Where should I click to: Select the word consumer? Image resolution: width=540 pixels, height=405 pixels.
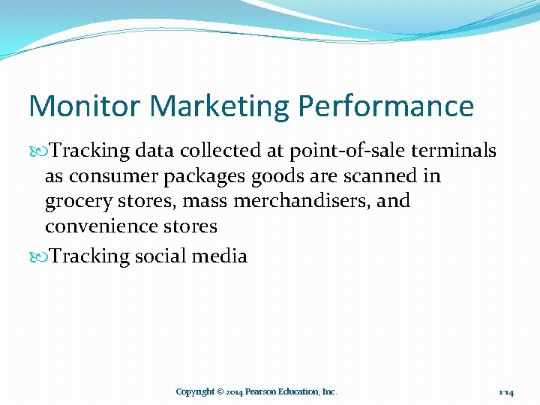click(x=103, y=176)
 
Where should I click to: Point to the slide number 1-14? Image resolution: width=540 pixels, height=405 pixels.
click(x=505, y=392)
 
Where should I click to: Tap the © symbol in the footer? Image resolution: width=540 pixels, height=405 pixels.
click(x=220, y=391)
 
